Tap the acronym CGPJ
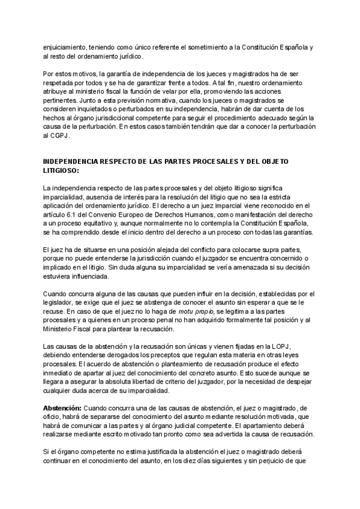[x=60, y=136]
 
